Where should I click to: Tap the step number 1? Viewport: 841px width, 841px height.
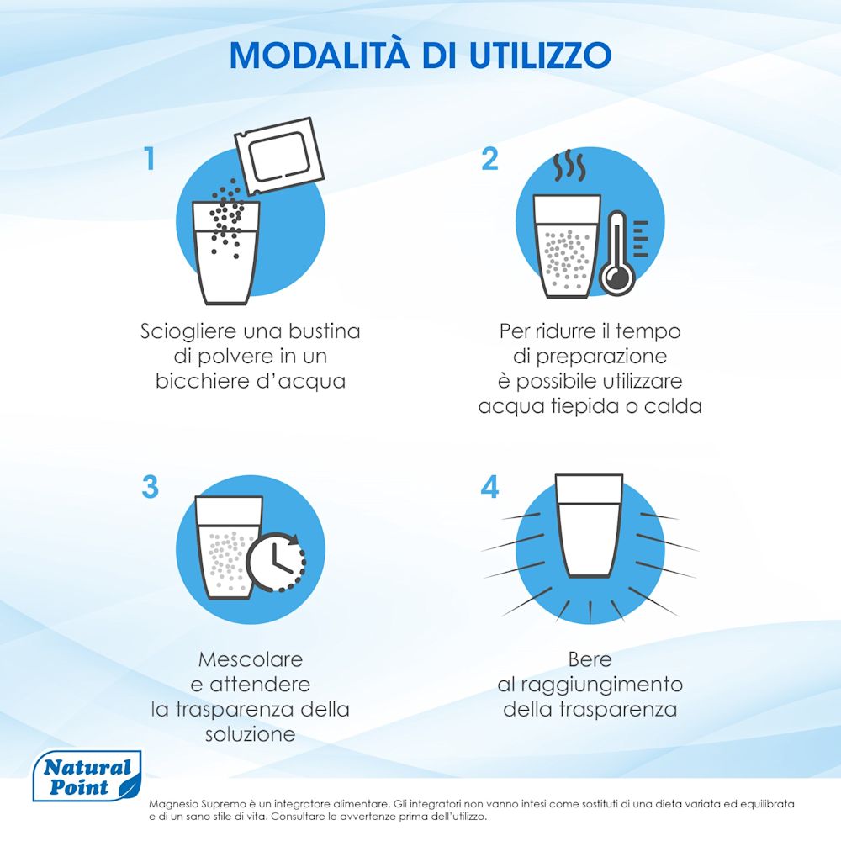click(150, 158)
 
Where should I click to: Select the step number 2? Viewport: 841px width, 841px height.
click(489, 158)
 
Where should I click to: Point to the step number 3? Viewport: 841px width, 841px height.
click(151, 486)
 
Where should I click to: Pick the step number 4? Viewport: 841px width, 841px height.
click(489, 486)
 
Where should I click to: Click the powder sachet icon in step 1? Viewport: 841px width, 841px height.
click(279, 156)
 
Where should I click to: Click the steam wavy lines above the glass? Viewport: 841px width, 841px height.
click(569, 167)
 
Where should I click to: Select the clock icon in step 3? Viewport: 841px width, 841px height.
click(276, 562)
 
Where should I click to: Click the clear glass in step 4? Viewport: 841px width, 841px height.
click(589, 526)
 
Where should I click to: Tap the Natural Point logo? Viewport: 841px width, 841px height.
click(87, 776)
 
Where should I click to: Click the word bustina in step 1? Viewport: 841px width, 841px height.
click(325, 331)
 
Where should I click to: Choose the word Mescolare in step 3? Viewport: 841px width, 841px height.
click(251, 659)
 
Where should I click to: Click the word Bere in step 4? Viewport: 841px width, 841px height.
click(590, 659)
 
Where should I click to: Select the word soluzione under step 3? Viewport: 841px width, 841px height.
click(251, 733)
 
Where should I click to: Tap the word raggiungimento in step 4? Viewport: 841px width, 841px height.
click(602, 685)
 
